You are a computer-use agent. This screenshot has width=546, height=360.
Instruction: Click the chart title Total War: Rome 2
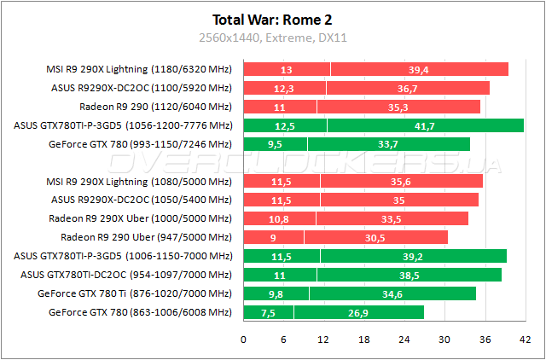[273, 20]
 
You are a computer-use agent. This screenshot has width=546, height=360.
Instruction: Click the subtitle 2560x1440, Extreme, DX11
[273, 38]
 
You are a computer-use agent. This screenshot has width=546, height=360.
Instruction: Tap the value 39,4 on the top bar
[418, 69]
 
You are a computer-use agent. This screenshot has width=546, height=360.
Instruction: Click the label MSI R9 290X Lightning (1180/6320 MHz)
[138, 69]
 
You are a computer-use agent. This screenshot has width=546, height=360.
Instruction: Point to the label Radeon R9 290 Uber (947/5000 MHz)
[146, 237]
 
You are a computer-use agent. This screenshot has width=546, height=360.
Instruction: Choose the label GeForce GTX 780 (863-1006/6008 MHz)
[134, 312]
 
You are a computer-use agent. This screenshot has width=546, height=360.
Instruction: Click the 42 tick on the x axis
[522, 340]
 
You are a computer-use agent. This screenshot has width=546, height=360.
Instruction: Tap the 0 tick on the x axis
[244, 340]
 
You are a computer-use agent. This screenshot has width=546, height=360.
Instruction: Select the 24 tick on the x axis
[404, 340]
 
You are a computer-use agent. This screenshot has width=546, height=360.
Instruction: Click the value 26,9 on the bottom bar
[358, 312]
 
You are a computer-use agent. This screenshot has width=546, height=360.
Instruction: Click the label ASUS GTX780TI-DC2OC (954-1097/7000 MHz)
[125, 275]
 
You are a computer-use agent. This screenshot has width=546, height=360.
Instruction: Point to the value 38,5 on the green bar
[410, 275]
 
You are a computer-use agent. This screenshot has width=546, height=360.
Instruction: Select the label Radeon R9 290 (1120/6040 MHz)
[155, 107]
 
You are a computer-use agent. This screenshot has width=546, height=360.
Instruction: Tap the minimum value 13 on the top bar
[286, 69]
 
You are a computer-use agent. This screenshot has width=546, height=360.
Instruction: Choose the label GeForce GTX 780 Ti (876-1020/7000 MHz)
[134, 293]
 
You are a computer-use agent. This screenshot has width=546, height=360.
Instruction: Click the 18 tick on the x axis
[363, 340]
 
